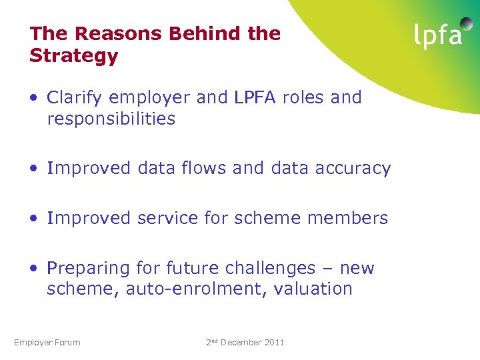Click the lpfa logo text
437,35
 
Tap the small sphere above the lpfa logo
466,24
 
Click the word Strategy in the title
73,56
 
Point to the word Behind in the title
210,33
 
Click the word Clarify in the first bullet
75,98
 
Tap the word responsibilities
111,119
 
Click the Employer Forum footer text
47,343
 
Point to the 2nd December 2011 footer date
245,342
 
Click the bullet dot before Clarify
33,99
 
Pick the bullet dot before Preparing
33,269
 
